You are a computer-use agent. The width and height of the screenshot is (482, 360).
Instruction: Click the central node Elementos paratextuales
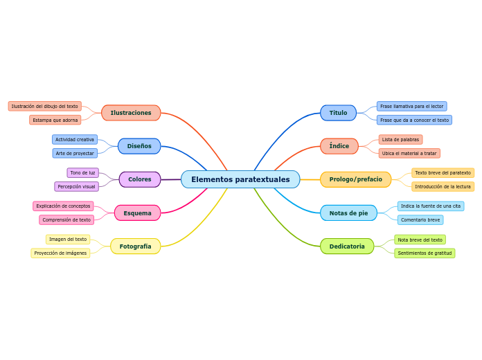coord(240,179)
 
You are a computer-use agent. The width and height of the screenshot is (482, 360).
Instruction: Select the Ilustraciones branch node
coord(131,113)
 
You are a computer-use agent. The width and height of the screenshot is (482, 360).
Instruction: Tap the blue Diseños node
coord(139,146)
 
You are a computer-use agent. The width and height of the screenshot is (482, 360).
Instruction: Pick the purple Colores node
coord(139,179)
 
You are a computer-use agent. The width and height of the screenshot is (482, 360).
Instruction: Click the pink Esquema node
coord(137,213)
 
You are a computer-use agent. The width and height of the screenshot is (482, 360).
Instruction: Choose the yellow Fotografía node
coord(135,246)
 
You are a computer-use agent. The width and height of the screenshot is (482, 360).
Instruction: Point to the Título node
coord(338,113)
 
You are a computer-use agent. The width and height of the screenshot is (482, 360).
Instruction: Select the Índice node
coord(339,146)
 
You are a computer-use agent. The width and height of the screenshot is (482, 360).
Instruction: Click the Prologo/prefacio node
coord(355,179)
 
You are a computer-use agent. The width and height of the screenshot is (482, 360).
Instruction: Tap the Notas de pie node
coord(348,213)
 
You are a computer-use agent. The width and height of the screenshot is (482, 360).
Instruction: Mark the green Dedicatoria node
coord(347,246)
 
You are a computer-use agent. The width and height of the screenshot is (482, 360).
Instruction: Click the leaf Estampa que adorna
coord(55,120)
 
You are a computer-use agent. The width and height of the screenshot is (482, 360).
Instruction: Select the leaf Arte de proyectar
coord(75,153)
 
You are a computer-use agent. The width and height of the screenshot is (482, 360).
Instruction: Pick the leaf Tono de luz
coord(82,172)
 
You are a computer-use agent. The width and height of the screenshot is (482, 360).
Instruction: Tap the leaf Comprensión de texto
coord(66,219)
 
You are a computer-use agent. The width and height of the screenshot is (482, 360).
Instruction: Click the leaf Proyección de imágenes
coord(60,253)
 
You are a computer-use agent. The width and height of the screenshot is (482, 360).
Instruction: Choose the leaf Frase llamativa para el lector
coord(411,106)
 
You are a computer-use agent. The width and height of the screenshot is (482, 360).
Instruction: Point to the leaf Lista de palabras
coord(400,139)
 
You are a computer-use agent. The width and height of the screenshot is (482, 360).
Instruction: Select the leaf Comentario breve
coord(420,219)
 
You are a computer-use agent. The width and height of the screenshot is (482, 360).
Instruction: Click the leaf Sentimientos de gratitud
coord(425,253)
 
